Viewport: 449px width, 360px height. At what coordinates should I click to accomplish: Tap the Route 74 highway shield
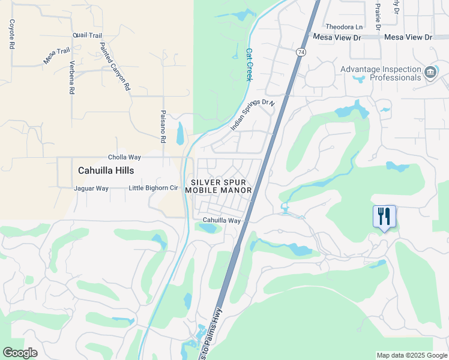[x=299, y=52]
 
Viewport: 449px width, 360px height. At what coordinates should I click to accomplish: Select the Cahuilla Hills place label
[x=106, y=170]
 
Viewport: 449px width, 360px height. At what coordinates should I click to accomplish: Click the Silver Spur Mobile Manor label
[x=218, y=186]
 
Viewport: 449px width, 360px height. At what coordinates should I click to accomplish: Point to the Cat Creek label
[x=249, y=64]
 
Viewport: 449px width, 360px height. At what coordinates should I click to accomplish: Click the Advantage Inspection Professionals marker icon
[x=430, y=73]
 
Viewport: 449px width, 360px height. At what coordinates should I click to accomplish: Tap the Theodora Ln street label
[x=344, y=27]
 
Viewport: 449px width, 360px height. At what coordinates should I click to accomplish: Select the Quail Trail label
[x=88, y=35]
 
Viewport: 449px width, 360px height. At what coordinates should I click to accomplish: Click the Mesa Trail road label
[x=56, y=56]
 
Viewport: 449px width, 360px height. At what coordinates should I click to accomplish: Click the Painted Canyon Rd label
[x=115, y=66]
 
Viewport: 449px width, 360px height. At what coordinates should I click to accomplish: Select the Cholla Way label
[x=124, y=157]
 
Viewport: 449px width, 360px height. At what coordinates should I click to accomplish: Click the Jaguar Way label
[x=91, y=188]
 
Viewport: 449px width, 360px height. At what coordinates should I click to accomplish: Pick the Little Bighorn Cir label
[x=154, y=188]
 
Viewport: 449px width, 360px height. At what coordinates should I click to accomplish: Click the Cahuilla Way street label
[x=221, y=220]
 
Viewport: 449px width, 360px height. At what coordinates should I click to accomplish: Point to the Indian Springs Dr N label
[x=252, y=115]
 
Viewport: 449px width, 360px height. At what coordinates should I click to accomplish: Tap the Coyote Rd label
[x=11, y=34]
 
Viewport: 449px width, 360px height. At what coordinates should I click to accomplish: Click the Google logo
[x=20, y=353]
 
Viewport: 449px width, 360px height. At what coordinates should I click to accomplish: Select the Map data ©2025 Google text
[x=412, y=355]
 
